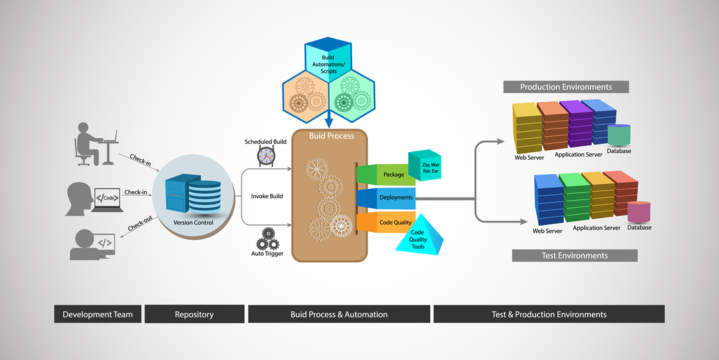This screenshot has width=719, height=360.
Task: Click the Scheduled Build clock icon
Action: coord(266,155)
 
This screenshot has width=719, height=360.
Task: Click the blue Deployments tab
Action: coord(392,198)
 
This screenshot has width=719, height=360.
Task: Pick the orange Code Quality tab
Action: coord(392,223)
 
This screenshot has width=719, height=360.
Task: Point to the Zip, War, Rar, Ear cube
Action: coord(425,166)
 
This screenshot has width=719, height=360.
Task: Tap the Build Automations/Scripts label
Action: coord(328,65)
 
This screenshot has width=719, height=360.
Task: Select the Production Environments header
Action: coord(566,87)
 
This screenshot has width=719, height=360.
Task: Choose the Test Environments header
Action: coord(575,256)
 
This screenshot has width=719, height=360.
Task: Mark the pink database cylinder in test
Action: coord(638,212)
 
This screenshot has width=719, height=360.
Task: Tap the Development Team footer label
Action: coord(98,314)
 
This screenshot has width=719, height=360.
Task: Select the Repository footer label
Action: coord(194,314)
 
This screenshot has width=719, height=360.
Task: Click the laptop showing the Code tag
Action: coord(107,199)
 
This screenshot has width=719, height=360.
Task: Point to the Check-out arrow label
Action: coord(140,223)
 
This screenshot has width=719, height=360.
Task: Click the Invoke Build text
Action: coord(267,196)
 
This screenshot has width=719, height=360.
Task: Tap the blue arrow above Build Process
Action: coord(329,119)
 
